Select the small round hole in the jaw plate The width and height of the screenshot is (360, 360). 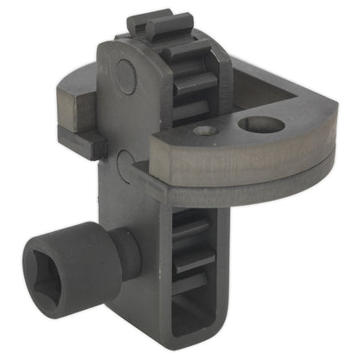[205, 131]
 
